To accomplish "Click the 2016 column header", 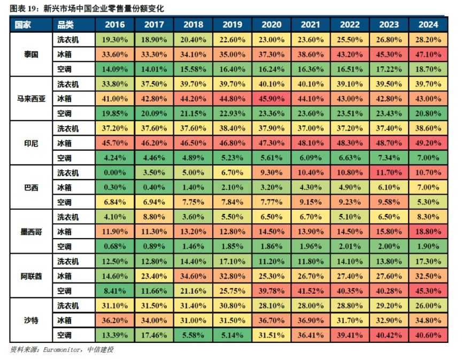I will [x=115, y=25].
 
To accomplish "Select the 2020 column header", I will [x=272, y=25].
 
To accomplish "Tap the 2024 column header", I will [x=428, y=25].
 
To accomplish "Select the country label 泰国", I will [x=31, y=54].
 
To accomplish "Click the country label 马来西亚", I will [x=31, y=98].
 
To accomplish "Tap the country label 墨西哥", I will [x=31, y=232].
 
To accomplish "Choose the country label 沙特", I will [x=31, y=320].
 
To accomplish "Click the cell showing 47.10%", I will [x=428, y=54].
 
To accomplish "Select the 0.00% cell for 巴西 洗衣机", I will [x=115, y=173].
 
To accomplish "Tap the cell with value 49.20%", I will [x=428, y=143].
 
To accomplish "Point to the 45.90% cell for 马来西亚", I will [x=272, y=98].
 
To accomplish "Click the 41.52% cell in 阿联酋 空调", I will [x=311, y=291].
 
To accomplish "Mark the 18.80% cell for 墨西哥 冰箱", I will [x=428, y=232].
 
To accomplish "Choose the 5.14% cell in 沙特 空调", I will [x=233, y=335].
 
